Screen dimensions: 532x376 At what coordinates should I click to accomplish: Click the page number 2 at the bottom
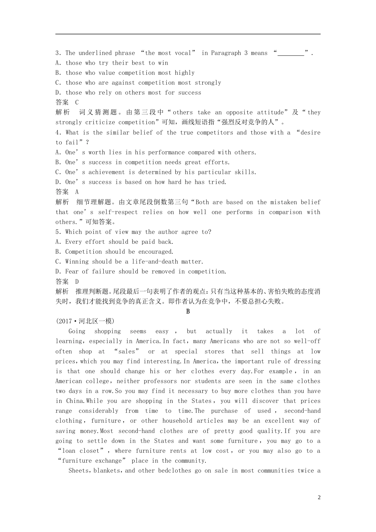[319, 498]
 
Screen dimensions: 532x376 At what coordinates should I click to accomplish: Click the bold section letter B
[188, 312]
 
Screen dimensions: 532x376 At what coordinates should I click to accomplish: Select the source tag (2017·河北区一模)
[85, 321]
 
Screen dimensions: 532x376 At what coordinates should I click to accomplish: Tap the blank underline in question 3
[291, 53]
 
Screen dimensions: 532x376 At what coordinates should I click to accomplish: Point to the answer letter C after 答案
[77, 103]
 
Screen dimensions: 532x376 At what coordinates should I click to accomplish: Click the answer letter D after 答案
[77, 281]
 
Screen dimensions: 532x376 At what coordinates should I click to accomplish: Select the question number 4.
[57, 133]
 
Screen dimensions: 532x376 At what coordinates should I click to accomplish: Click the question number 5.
[57, 232]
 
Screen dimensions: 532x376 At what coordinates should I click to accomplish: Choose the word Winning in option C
[77, 262]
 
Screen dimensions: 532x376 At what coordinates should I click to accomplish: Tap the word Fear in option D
[72, 272]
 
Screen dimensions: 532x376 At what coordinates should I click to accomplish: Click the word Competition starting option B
[84, 252]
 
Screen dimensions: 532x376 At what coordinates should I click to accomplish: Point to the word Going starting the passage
[77, 331]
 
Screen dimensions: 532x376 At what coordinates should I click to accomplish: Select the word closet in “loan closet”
[90, 451]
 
